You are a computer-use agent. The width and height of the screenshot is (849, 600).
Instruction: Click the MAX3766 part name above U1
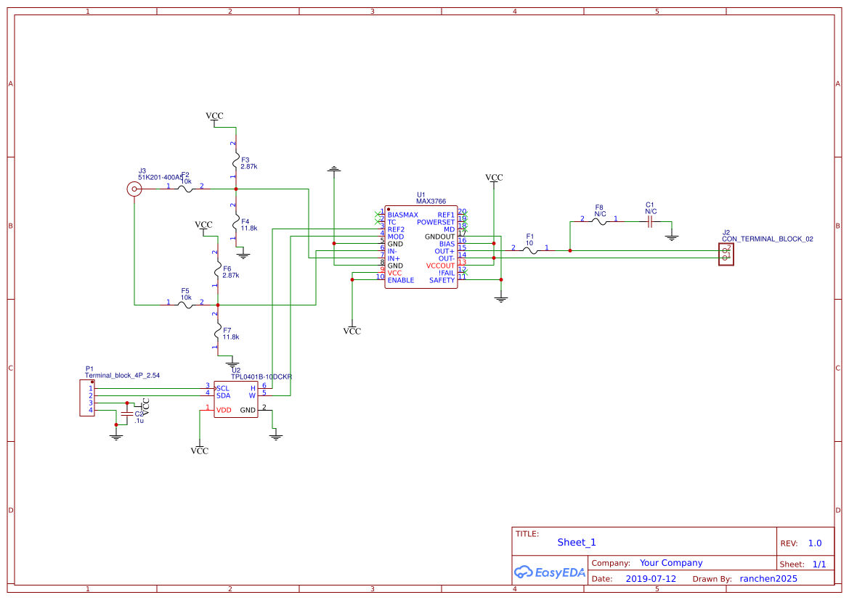(x=431, y=202)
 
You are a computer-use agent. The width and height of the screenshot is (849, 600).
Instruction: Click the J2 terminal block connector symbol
(x=726, y=254)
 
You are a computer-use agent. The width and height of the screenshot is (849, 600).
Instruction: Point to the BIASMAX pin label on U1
(x=402, y=215)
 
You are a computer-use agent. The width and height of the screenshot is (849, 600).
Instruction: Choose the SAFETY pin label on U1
(x=442, y=280)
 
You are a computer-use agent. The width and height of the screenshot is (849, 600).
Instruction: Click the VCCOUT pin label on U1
(x=440, y=266)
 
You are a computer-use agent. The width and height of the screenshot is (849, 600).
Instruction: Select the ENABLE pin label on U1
(x=401, y=280)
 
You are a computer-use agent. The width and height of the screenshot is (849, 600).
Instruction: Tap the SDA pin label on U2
(x=223, y=395)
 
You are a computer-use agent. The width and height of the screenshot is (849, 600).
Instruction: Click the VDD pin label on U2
(x=224, y=410)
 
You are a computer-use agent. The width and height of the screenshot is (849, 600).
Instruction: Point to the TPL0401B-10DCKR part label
(x=261, y=377)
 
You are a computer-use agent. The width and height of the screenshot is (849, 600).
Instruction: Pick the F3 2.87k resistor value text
(x=249, y=167)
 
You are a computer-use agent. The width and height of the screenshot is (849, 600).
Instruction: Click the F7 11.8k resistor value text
(x=231, y=337)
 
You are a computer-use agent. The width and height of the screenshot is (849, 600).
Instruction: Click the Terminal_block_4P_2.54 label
(x=122, y=376)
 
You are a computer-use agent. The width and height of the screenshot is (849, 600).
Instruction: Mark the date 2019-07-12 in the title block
(x=651, y=579)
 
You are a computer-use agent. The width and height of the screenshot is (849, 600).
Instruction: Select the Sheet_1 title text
(x=577, y=542)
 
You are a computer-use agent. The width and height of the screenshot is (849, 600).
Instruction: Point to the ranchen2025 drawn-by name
(x=768, y=579)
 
